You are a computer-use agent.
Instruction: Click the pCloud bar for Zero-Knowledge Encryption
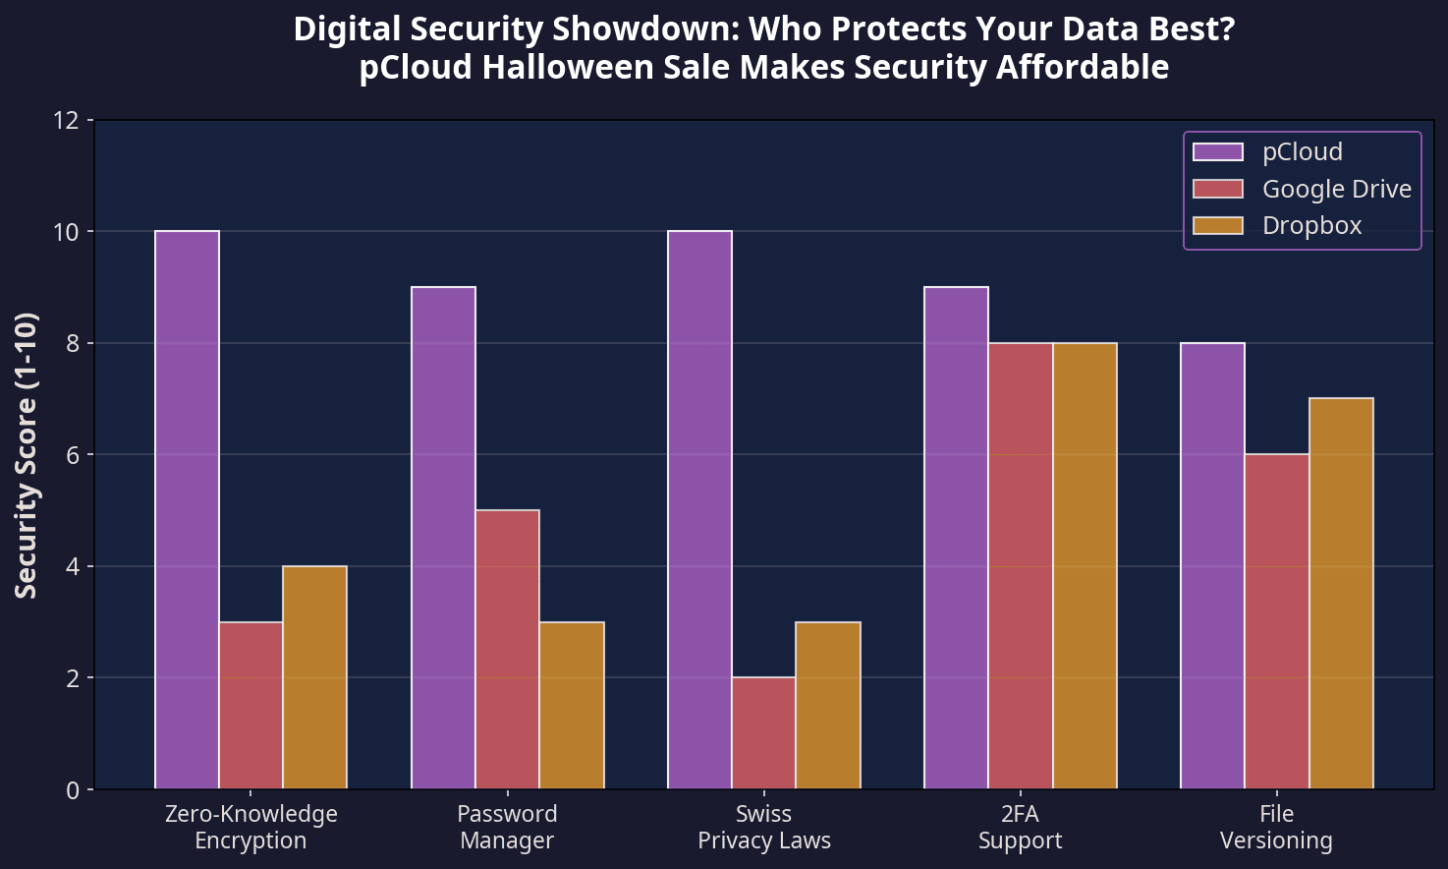pos(187,510)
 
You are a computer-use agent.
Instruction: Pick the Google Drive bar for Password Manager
pos(507,649)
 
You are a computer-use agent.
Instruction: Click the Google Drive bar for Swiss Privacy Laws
pos(763,732)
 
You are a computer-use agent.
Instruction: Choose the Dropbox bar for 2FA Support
pos(1085,565)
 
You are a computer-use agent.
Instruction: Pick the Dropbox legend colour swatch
pos(1218,226)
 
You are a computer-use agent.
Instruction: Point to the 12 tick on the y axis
pos(90,120)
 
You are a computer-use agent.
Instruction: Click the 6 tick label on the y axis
pos(73,454)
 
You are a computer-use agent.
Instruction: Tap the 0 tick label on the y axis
pos(73,789)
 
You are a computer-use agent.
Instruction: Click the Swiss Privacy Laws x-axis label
pos(763,827)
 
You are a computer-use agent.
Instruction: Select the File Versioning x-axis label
pos(1276,827)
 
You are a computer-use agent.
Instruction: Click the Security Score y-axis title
pos(27,454)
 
